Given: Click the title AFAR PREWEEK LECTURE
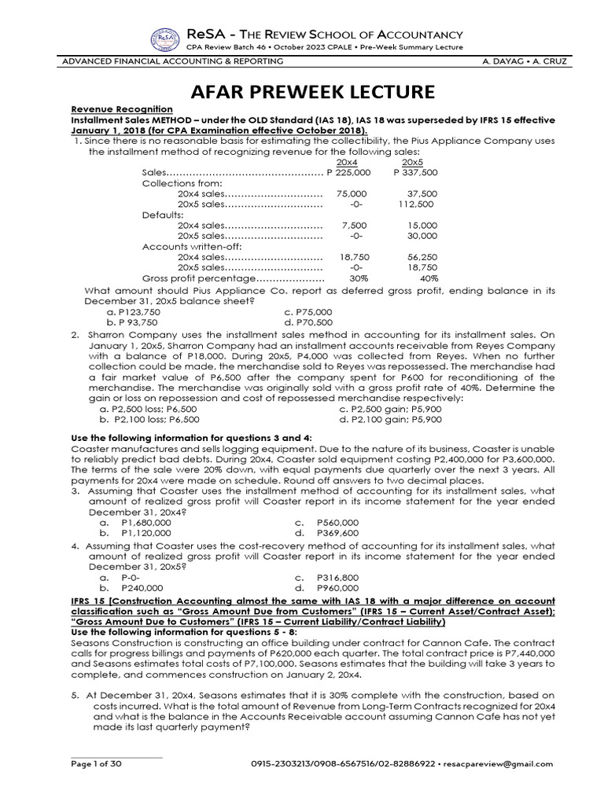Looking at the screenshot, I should (x=301, y=91).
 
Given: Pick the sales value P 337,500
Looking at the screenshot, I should (x=414, y=172).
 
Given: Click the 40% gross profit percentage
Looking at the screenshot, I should (x=428, y=278).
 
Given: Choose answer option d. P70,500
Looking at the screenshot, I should (x=308, y=322).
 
